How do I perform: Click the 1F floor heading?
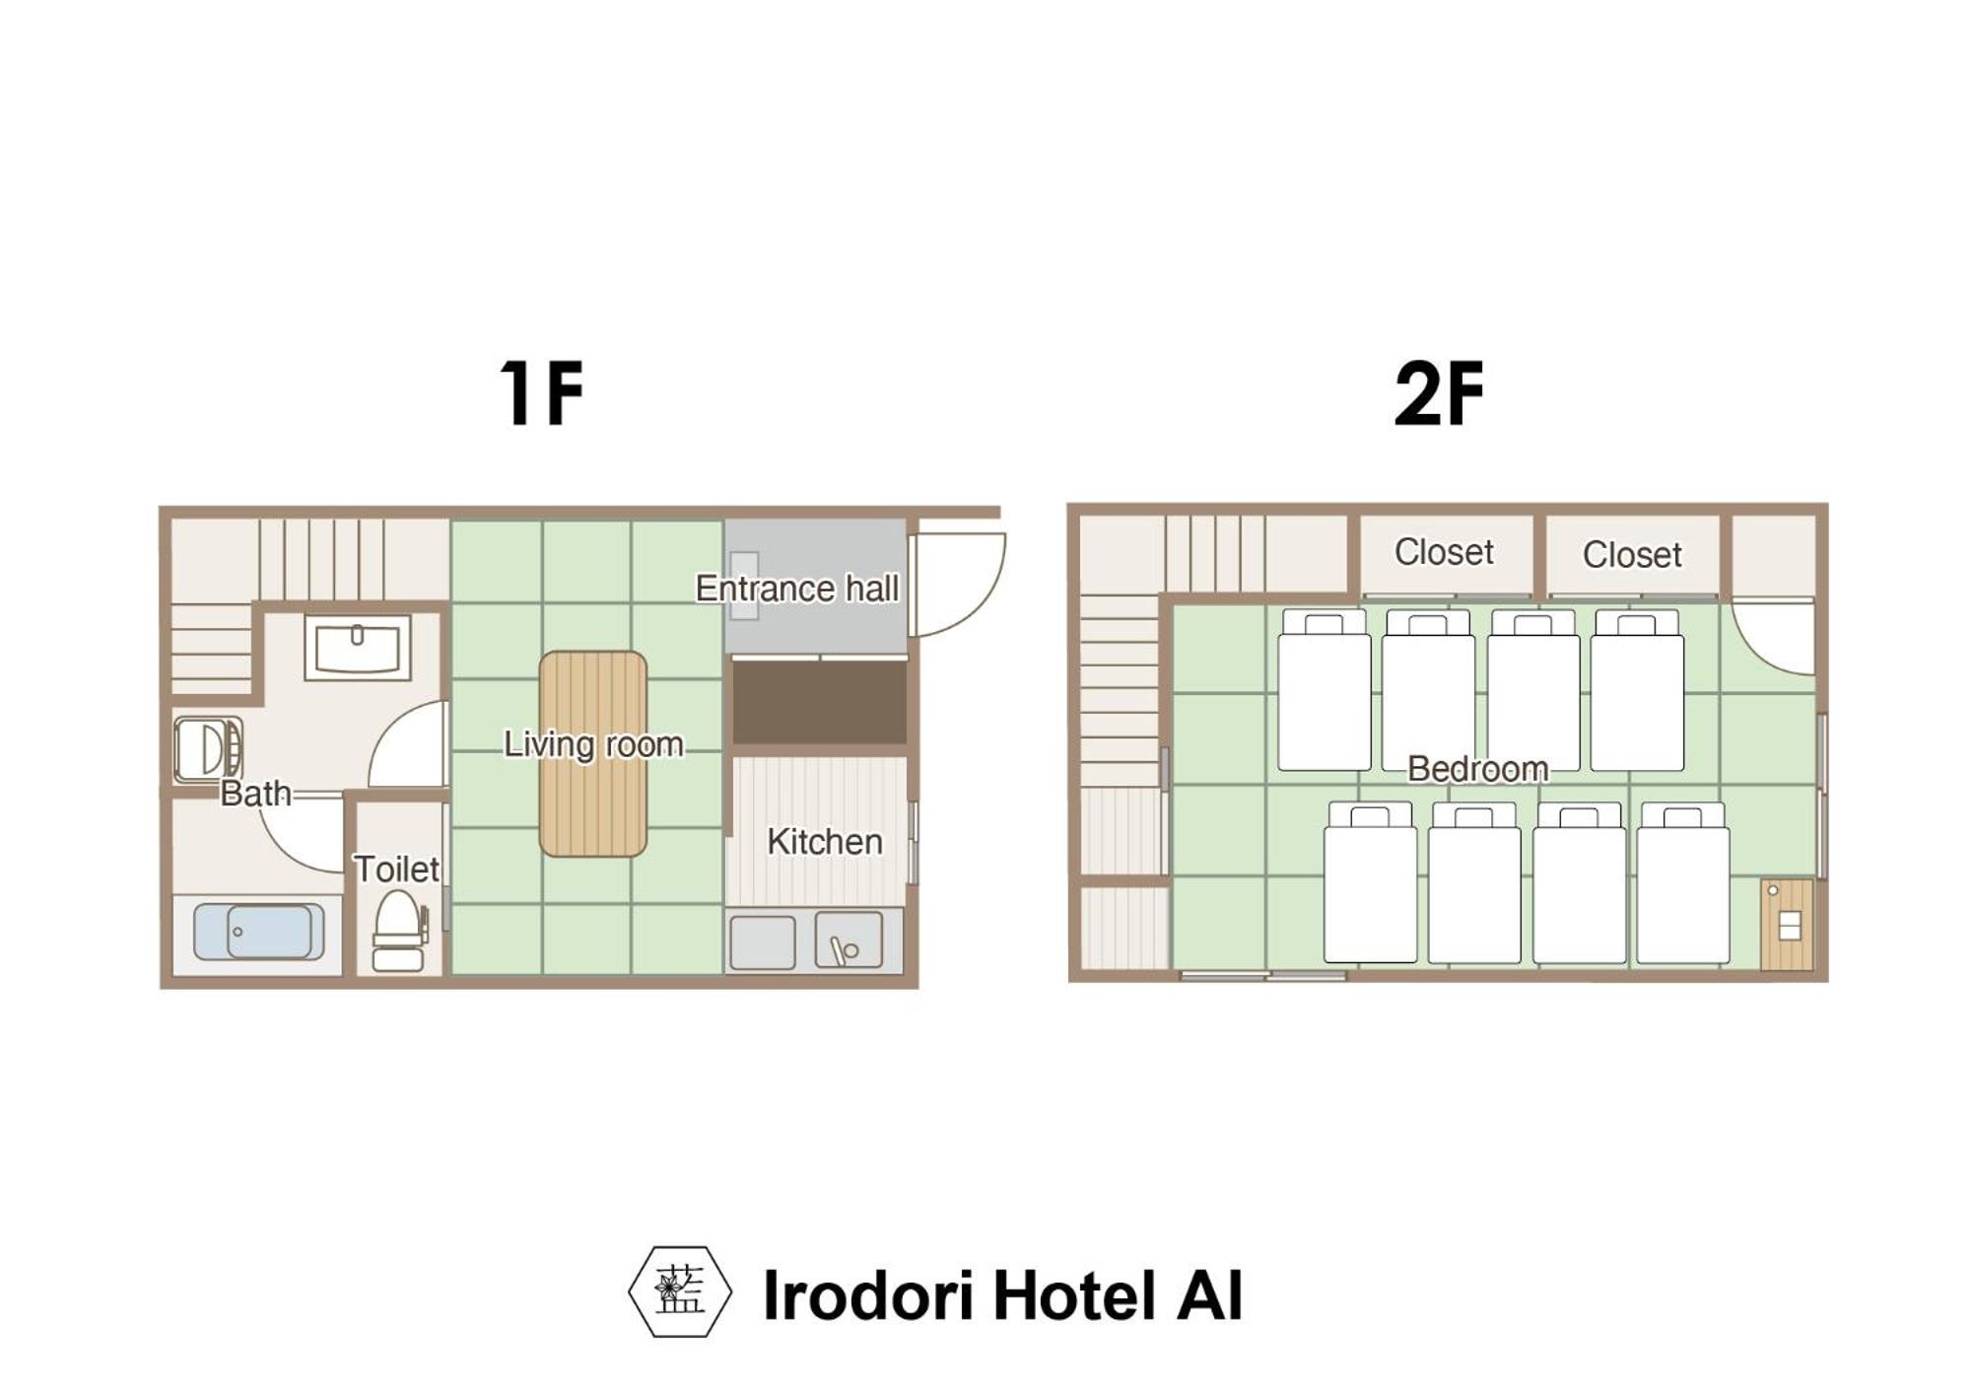click(x=541, y=392)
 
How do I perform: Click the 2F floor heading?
click(x=1440, y=392)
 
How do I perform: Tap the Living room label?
click(x=593, y=744)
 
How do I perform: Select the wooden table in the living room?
click(x=593, y=753)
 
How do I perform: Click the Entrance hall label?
click(x=796, y=589)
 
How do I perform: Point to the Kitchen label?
click(x=825, y=842)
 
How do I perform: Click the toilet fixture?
click(x=399, y=931)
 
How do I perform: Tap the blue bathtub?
click(x=258, y=931)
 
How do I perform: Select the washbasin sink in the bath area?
click(x=358, y=648)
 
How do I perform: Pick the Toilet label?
click(x=396, y=870)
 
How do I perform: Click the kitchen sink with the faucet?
click(x=849, y=940)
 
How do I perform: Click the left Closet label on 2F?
click(x=1444, y=552)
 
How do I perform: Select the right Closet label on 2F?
click(x=1632, y=555)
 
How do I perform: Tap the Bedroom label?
click(x=1477, y=769)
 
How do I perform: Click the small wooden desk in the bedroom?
click(x=1787, y=925)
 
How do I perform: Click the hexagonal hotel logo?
click(x=680, y=1291)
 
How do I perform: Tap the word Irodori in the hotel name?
click(x=869, y=1295)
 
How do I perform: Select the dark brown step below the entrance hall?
click(x=819, y=703)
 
